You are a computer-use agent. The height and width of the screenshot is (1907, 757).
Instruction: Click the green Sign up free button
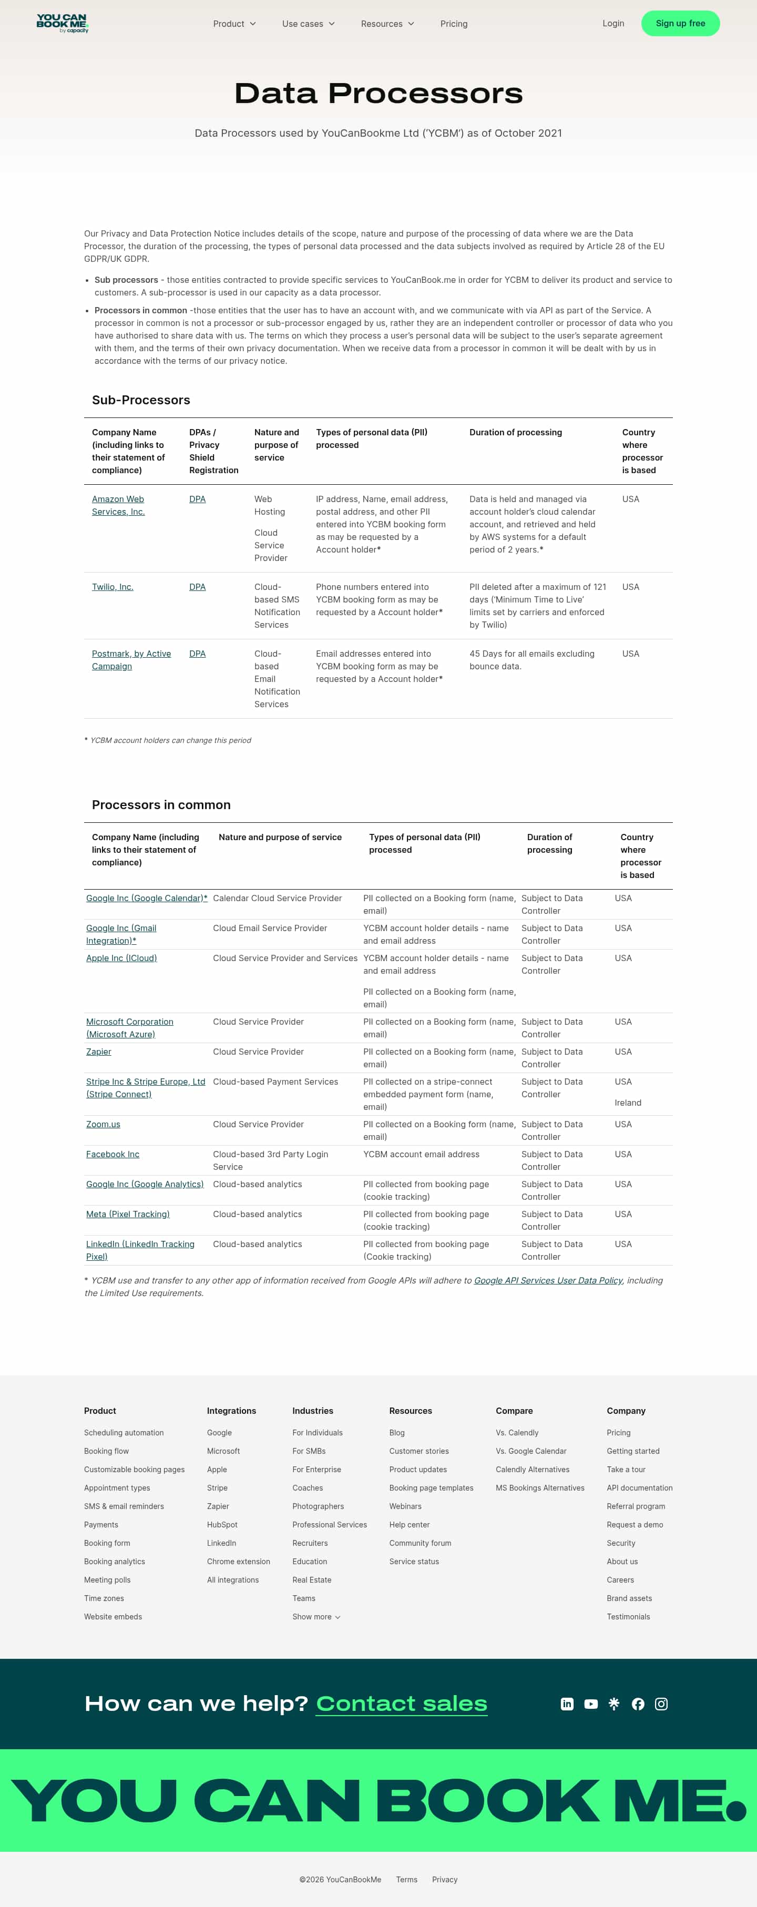pos(680,24)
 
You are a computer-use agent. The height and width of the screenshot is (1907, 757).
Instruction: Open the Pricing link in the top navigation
pos(454,24)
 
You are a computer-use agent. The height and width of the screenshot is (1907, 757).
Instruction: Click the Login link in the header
pos(613,24)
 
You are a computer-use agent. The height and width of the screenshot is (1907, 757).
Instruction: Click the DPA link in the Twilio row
pos(197,587)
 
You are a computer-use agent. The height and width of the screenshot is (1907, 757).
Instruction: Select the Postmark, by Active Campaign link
pos(131,660)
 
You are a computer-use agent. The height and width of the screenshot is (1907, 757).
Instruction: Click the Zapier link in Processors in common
pos(98,1052)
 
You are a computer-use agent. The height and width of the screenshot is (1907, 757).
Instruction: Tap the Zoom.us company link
pos(103,1125)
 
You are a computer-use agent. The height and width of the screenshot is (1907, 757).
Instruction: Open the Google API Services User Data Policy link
pos(548,1281)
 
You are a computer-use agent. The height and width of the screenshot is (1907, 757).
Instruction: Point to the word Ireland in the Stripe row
pos(628,1103)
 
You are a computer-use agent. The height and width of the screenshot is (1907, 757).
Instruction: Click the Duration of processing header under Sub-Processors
pos(515,432)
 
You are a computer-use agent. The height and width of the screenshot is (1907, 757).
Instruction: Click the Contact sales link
pos(401,1704)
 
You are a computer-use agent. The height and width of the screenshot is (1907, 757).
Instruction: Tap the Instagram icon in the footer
pos(661,1704)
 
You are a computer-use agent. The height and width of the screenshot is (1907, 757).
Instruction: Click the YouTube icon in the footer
pos(590,1704)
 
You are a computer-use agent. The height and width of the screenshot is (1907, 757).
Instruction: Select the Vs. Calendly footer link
pos(517,1433)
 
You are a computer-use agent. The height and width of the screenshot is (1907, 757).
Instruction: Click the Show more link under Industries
pos(316,1617)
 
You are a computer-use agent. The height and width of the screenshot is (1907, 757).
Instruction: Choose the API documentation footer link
pos(639,1488)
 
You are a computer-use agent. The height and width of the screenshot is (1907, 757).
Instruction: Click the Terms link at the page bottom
pos(406,1880)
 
